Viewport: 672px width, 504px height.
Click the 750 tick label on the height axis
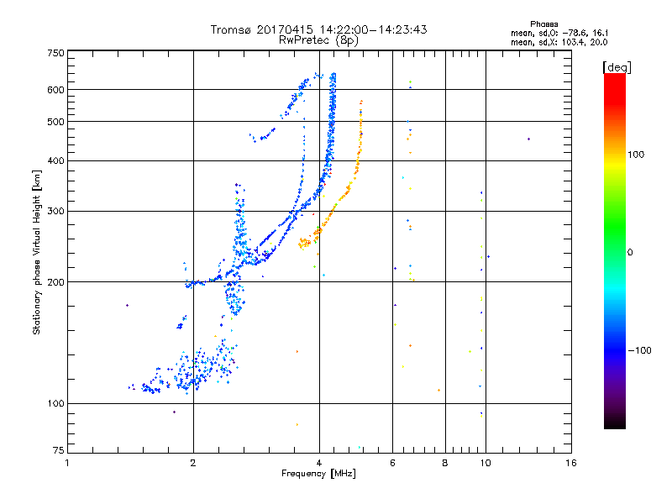55,53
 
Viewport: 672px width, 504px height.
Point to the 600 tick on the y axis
55,89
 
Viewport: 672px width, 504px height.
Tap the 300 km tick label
55,211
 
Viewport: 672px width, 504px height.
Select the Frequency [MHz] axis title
318,474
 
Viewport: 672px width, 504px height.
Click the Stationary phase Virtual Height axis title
37,251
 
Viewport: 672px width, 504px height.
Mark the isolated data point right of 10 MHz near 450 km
528,139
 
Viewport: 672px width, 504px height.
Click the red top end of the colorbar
615,78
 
